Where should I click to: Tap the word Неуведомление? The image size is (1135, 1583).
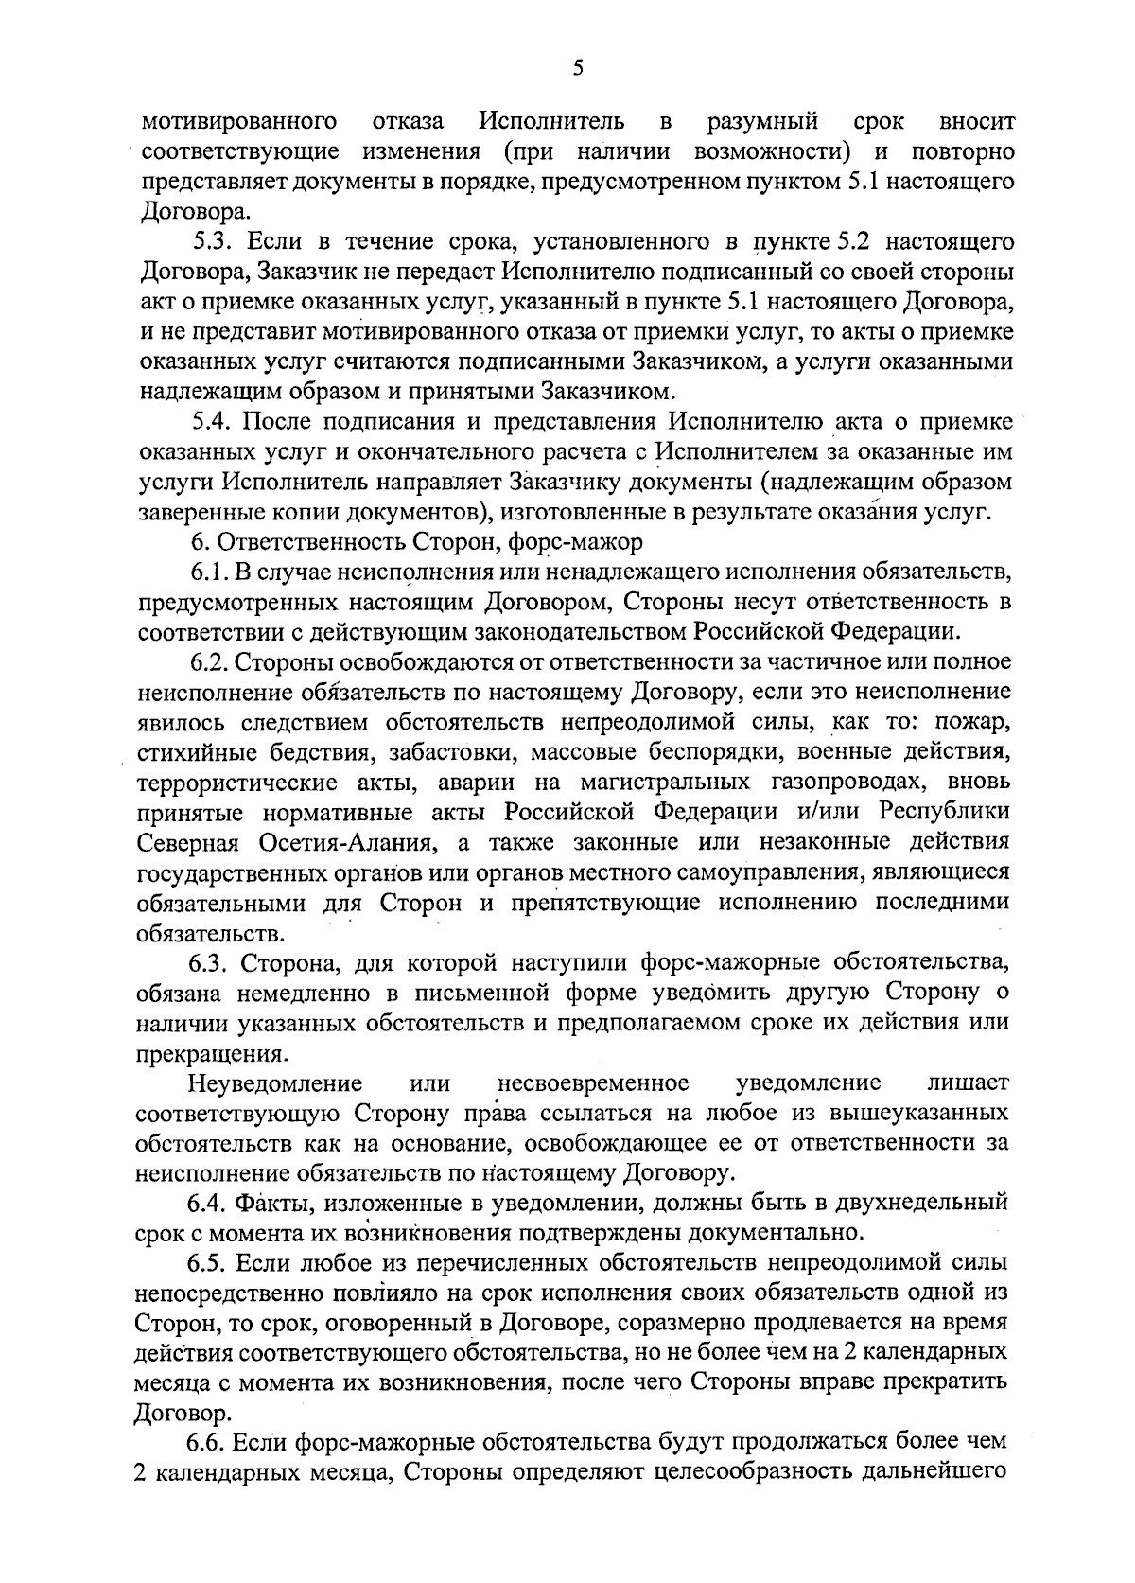[275, 1082]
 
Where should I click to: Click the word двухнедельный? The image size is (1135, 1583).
[913, 1203]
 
